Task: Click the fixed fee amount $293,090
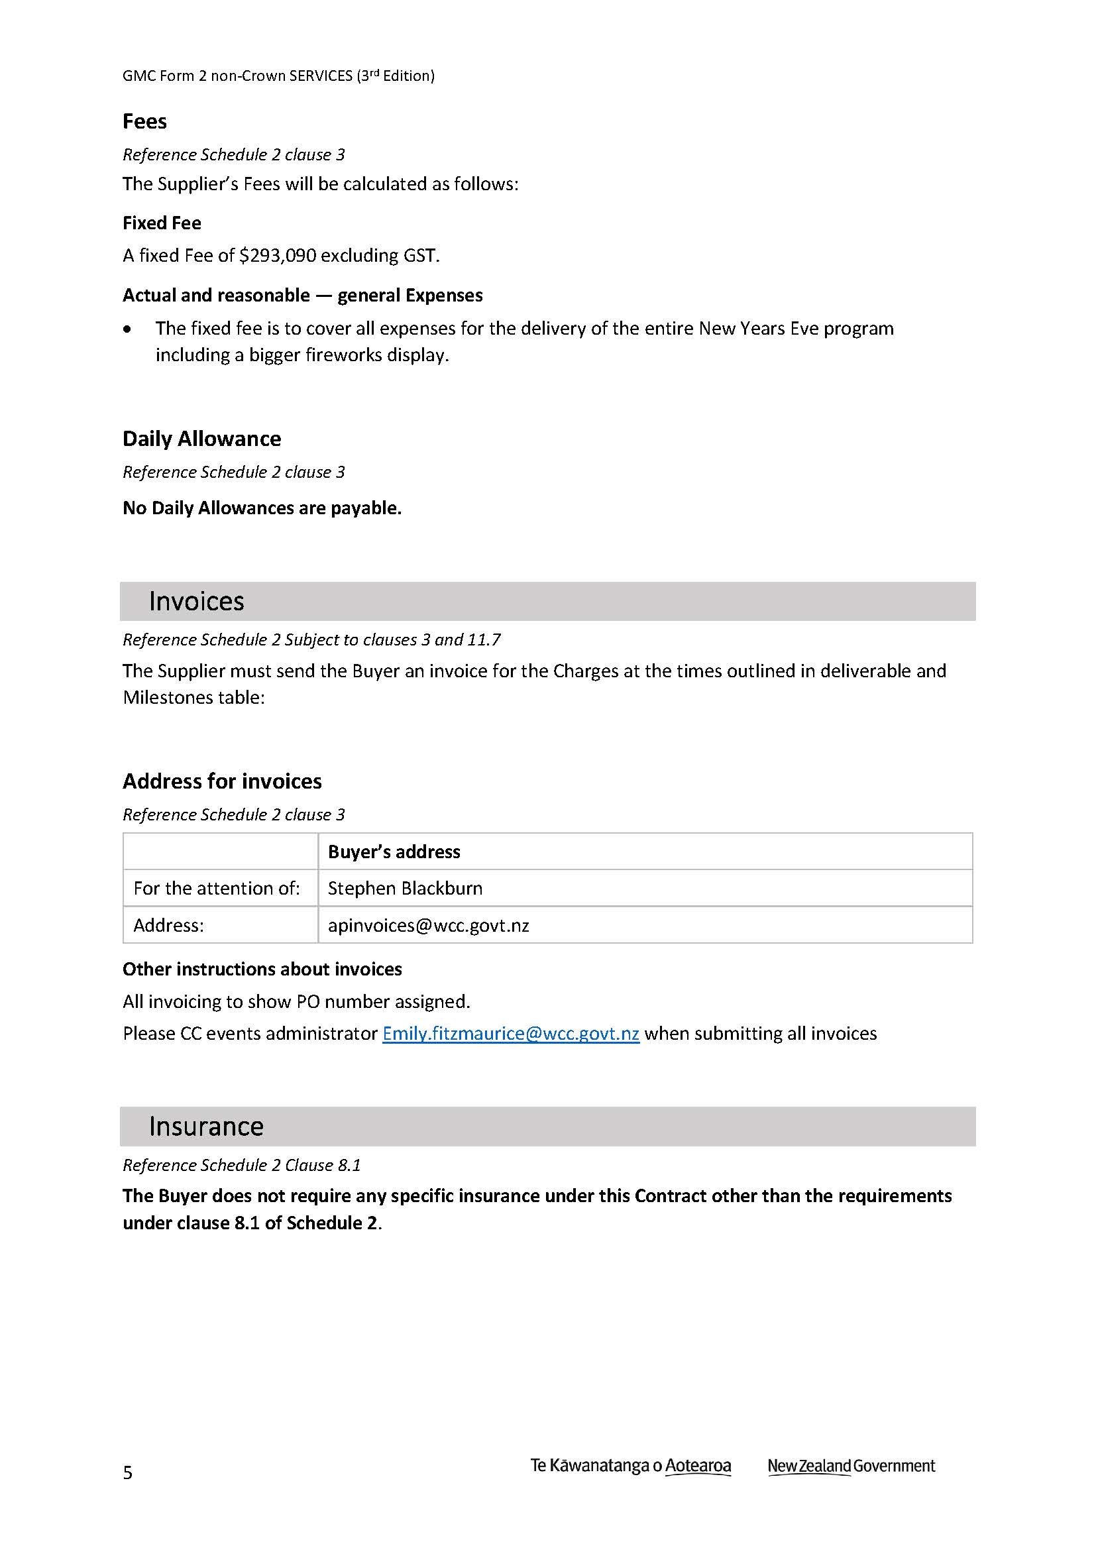pos(278,256)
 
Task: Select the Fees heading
pos(144,121)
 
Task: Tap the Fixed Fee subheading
pos(162,223)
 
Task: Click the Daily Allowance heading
pos(202,439)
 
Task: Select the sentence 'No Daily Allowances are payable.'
pos(262,508)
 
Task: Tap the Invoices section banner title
pos(196,601)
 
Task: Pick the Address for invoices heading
pos(222,781)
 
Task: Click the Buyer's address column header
pos(394,852)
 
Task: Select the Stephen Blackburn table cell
pos(405,889)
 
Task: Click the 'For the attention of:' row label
pos(217,889)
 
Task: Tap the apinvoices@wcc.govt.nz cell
pos(429,925)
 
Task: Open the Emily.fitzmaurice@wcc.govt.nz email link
pos(511,1034)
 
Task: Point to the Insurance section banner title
pos(206,1126)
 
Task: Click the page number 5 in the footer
pos(127,1472)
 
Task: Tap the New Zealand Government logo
pos(851,1466)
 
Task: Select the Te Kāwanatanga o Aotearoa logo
pos(630,1466)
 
